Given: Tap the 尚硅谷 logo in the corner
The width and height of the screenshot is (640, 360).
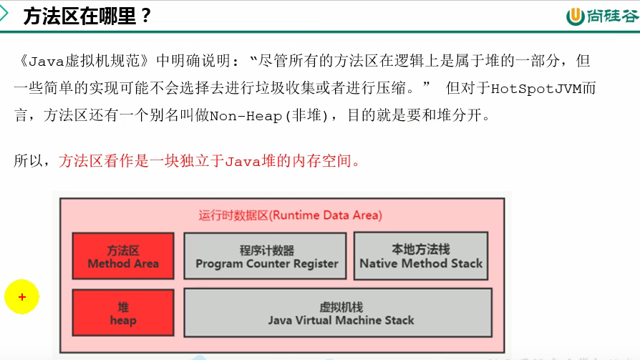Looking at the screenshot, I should click(601, 16).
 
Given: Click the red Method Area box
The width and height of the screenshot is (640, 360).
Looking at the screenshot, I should click(123, 256).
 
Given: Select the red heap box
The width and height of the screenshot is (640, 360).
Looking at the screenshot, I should click(123, 313).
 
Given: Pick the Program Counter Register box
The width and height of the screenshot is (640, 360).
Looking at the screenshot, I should click(266, 256).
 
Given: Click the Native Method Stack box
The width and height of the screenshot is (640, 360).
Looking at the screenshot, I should click(421, 256).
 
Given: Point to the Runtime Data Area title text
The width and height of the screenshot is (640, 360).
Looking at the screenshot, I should click(290, 215).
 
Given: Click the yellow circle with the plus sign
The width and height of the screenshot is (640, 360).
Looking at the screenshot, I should click(22, 296).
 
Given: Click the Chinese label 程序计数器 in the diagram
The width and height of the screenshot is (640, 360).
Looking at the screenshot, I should click(266, 250).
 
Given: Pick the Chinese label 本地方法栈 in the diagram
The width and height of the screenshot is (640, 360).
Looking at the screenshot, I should click(421, 249).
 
